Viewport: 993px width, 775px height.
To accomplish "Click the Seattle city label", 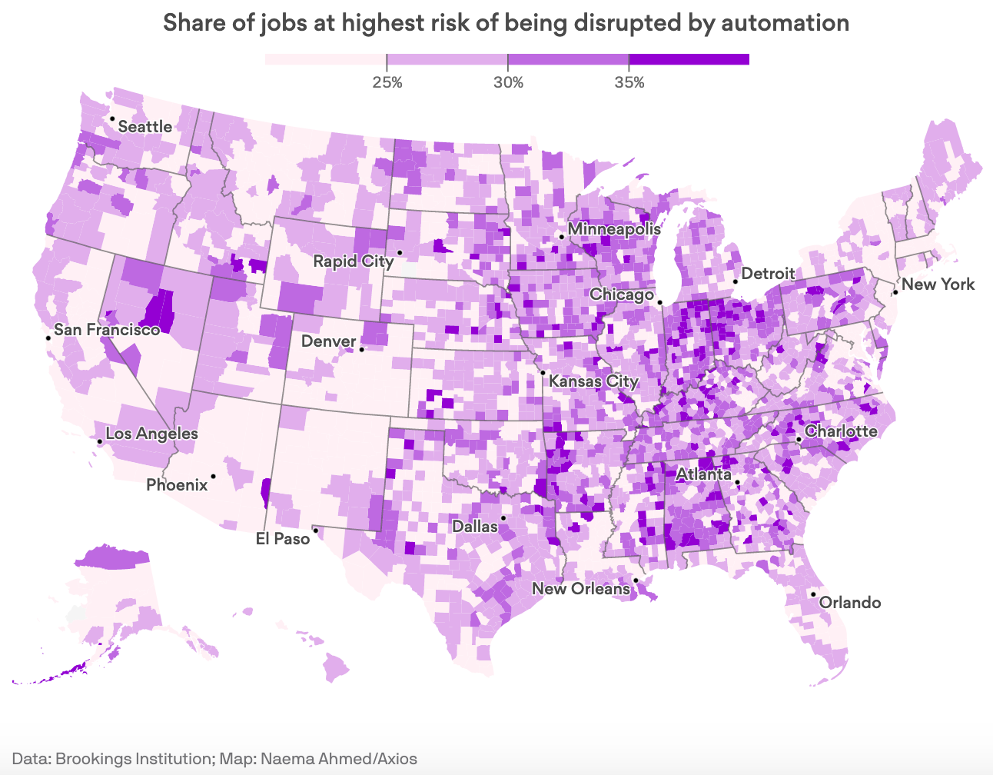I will pyautogui.click(x=144, y=127).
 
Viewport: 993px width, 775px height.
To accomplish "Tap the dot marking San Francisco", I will pyautogui.click(x=48, y=338).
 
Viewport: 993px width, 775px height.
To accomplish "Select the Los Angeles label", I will pyautogui.click(x=151, y=434).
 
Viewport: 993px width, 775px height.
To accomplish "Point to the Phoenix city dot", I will pyautogui.click(x=213, y=477).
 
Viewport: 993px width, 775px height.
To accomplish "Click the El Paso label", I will pyautogui.click(x=283, y=539).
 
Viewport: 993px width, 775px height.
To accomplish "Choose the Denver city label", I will pyautogui.click(x=328, y=341).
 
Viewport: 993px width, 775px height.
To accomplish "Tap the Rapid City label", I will pyautogui.click(x=353, y=261).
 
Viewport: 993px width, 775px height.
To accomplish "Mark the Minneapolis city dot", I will pyautogui.click(x=562, y=237).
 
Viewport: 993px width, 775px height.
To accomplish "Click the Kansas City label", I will pyautogui.click(x=594, y=381).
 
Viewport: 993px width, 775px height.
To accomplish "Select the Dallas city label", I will pyautogui.click(x=474, y=527).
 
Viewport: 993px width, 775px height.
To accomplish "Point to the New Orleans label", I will pyautogui.click(x=581, y=589).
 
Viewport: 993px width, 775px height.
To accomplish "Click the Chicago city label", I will pyautogui.click(x=621, y=294).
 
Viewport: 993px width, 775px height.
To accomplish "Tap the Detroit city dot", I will pyautogui.click(x=735, y=281).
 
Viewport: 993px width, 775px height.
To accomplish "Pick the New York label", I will pyautogui.click(x=938, y=284).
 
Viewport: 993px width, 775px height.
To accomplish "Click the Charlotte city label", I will pyautogui.click(x=841, y=431).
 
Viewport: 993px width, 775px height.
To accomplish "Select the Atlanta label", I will pyautogui.click(x=703, y=474).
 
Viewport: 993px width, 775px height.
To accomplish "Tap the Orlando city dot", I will pyautogui.click(x=813, y=594).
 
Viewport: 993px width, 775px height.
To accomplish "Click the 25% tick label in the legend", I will pyautogui.click(x=387, y=82).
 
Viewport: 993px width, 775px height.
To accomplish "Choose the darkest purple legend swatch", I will pyautogui.click(x=689, y=59).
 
